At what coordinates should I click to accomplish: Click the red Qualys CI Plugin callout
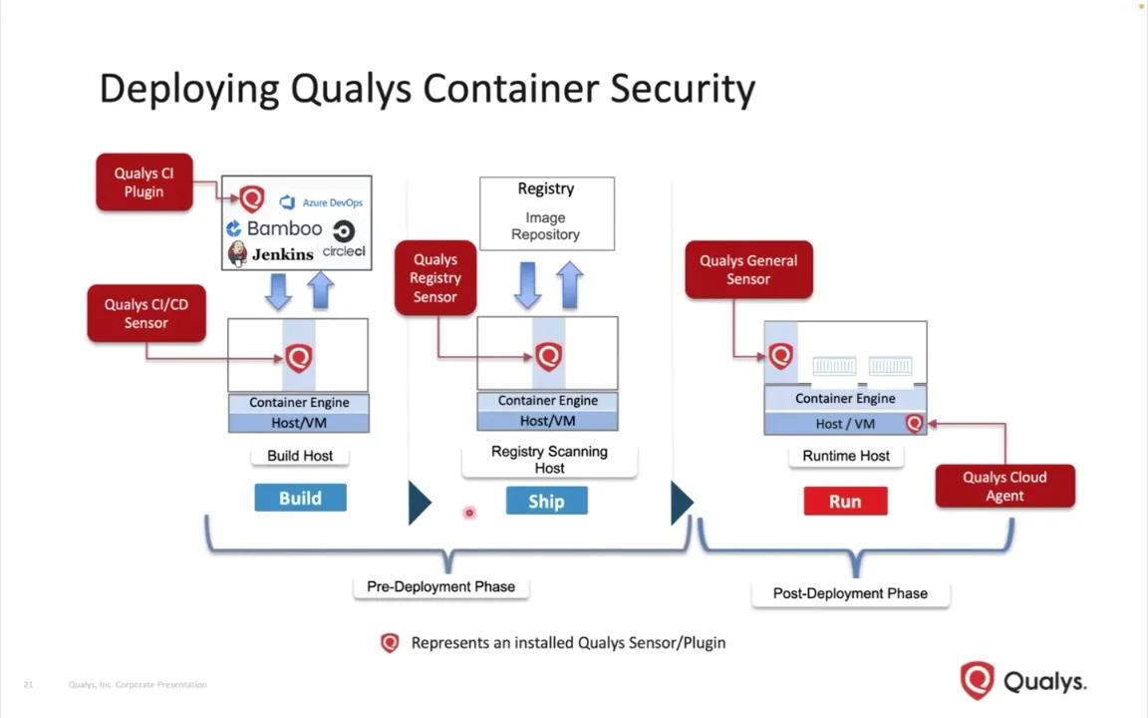tap(144, 182)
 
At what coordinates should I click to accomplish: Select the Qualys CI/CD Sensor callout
tap(146, 314)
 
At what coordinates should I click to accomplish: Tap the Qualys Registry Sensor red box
tap(435, 278)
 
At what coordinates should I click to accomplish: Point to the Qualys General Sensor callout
tap(748, 270)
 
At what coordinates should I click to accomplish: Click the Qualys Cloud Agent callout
tap(1004, 487)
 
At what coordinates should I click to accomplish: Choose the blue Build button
tap(300, 499)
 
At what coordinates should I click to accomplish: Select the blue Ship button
tap(546, 502)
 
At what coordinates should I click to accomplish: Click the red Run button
tap(845, 502)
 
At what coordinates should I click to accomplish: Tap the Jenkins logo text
tap(282, 254)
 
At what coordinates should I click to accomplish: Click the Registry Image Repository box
tap(546, 213)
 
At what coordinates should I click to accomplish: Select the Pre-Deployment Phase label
tap(440, 586)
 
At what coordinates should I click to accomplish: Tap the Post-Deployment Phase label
tap(850, 593)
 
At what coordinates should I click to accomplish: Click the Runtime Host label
tap(846, 456)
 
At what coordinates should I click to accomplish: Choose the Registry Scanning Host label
tap(549, 460)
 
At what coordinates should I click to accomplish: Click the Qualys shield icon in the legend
tap(390, 643)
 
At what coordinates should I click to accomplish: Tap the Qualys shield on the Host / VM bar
tap(914, 424)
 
